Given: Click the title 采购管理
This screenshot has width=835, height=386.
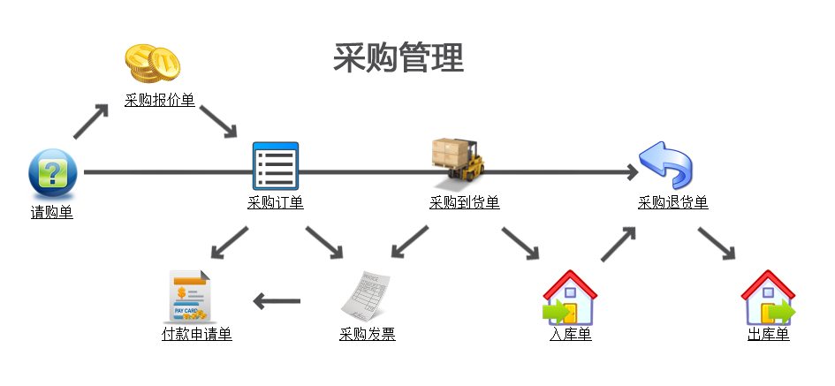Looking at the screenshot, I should point(399,58).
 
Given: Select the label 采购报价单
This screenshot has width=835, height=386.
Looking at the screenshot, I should point(160,101).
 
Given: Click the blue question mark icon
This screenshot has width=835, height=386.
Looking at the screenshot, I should point(53,172).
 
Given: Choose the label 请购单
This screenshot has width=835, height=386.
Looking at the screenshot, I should point(52,212).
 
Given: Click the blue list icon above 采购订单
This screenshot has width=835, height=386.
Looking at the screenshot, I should point(276,166).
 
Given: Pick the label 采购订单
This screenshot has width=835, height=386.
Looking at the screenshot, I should point(276,203).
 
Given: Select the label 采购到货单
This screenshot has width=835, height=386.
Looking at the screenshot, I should point(465,203).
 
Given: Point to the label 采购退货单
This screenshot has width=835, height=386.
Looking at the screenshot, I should point(673,203).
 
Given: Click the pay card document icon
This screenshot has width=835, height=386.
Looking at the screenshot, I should point(190,297).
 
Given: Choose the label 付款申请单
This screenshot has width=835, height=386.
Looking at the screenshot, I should point(197,335).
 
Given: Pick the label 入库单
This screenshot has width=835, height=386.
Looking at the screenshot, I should point(571,335).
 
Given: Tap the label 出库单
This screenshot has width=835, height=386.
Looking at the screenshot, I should point(769,335).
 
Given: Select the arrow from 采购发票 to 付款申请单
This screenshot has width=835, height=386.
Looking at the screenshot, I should point(277,302).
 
